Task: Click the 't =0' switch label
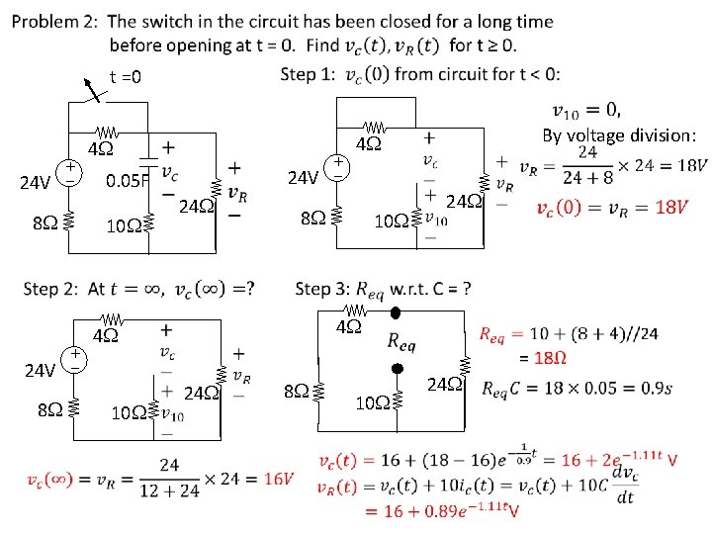coord(126,77)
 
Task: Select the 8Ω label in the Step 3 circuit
coord(296,391)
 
